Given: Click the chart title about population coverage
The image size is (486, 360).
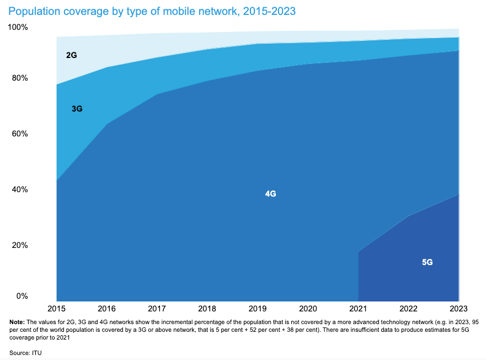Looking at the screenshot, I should point(152,11).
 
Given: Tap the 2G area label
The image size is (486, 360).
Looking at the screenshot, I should point(71,56).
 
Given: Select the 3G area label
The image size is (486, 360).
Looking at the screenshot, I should point(77,109).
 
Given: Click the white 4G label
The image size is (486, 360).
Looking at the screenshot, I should point(270,194).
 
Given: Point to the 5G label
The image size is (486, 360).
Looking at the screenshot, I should point(427,262).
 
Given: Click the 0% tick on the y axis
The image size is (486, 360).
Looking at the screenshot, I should point(22,297).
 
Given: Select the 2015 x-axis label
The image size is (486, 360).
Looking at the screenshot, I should point(57,308).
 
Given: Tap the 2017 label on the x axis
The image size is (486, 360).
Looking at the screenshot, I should point(157,308).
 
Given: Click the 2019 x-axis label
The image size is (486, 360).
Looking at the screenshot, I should point(258,308).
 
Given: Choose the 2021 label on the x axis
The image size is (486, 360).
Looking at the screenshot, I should point(358,308).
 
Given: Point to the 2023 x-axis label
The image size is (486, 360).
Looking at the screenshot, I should point(458,308).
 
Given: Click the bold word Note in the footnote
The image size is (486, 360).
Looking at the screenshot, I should point(18,322).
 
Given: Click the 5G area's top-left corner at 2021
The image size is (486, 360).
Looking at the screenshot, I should point(359,252).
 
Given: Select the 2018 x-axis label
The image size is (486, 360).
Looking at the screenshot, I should point(207,308).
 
